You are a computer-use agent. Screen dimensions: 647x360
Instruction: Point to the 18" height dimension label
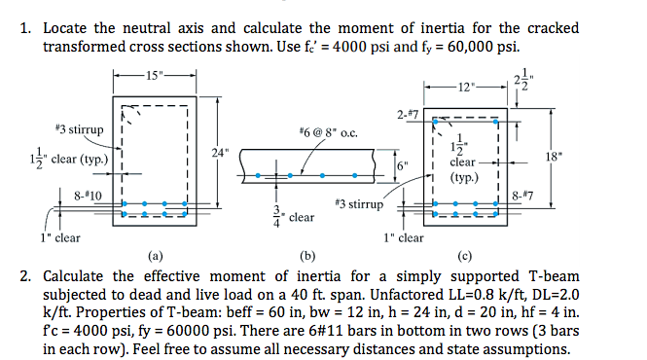pos(555,155)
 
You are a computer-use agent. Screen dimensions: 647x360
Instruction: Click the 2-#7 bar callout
pos(409,117)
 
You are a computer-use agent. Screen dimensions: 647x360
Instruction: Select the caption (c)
pos(462,256)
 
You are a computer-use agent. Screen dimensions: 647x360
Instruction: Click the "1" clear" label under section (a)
pos(59,236)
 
